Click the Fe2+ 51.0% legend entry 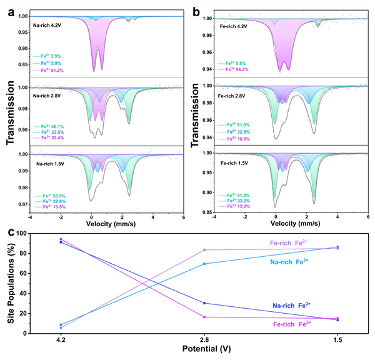tap(238, 126)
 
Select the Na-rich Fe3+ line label tap(294, 306)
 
